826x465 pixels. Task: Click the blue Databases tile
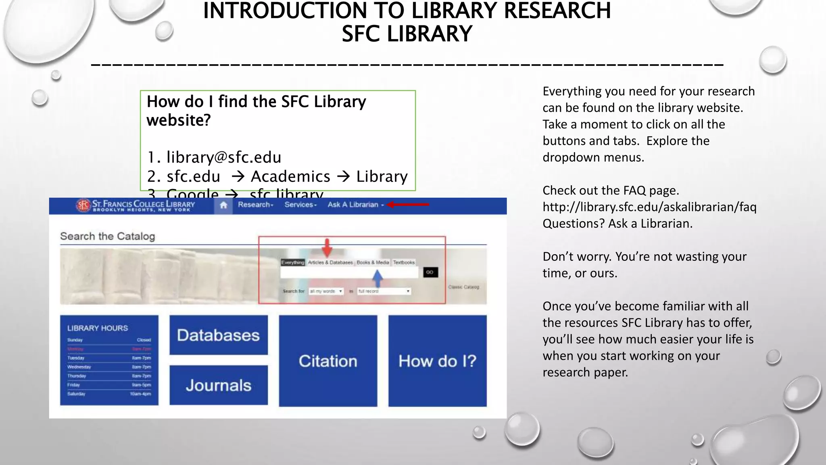[218, 335]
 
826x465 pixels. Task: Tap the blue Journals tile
[218, 385]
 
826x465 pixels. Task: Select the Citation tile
[328, 361]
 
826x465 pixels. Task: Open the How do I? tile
[437, 361]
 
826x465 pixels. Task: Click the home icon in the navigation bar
[223, 205]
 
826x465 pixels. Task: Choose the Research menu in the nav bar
[255, 205]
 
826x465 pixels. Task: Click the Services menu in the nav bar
[300, 205]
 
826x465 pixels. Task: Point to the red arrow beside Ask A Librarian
[408, 205]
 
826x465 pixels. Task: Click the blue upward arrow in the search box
[377, 278]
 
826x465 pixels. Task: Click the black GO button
[430, 272]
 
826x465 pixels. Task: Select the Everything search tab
[293, 262]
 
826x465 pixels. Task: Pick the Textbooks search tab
[404, 262]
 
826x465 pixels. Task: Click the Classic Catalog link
[463, 287]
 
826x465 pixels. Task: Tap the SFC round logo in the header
[83, 205]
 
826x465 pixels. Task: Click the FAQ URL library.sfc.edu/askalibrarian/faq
[649, 207]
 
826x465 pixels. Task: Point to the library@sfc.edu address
[224, 157]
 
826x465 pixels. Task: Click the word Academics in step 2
[290, 176]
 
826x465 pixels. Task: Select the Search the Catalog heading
[107, 236]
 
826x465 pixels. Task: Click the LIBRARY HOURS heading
[98, 328]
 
